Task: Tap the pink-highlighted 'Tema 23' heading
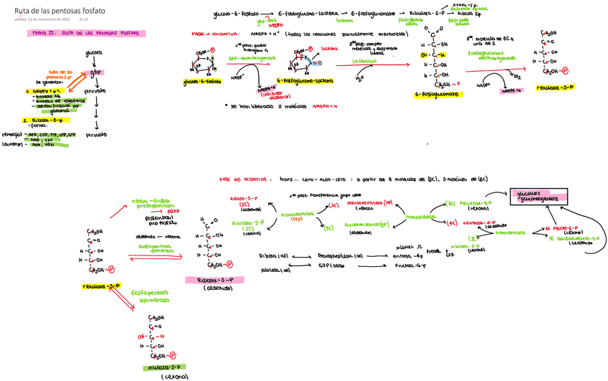coord(90,34)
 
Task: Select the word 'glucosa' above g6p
coord(93,53)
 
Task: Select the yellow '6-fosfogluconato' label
coord(437,95)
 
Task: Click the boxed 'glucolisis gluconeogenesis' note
coord(538,195)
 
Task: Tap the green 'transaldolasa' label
coord(422,215)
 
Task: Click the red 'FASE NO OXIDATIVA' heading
coord(243,179)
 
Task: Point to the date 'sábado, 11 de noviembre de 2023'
coord(42,19)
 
